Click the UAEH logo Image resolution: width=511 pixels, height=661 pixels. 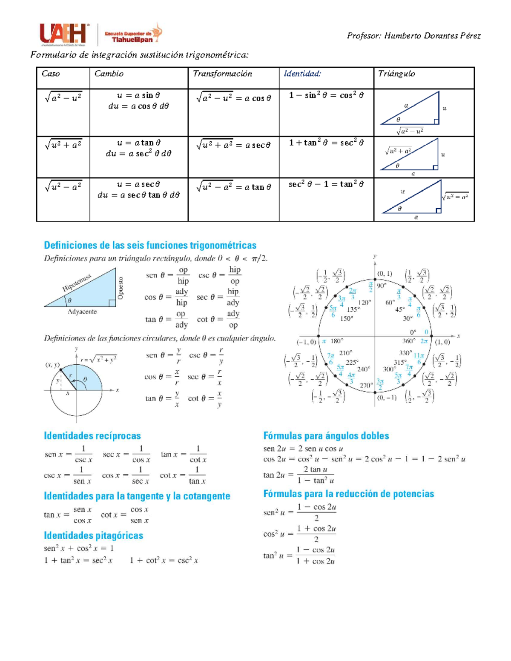(64, 34)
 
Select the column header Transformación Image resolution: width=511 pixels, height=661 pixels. (222, 74)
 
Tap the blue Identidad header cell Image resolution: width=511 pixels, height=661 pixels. (302, 74)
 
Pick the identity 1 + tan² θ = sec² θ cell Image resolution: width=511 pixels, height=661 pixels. (326, 143)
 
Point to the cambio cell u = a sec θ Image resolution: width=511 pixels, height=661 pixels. (139, 185)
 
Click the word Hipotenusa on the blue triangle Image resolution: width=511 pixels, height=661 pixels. (77, 283)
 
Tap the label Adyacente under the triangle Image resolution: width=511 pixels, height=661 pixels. (82, 312)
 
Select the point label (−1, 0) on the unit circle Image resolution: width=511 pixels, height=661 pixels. (307, 342)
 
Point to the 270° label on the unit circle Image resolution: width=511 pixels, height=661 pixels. (366, 386)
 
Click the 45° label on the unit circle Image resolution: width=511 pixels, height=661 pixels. (400, 310)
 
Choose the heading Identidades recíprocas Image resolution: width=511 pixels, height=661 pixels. (92, 436)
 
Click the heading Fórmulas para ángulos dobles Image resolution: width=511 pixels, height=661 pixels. (326, 436)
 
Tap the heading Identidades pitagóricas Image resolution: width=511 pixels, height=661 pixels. (94, 535)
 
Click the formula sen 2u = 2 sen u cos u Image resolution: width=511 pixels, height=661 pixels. (303, 449)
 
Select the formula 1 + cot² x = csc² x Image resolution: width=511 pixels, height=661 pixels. (164, 561)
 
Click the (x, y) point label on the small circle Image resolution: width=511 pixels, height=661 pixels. (52, 365)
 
